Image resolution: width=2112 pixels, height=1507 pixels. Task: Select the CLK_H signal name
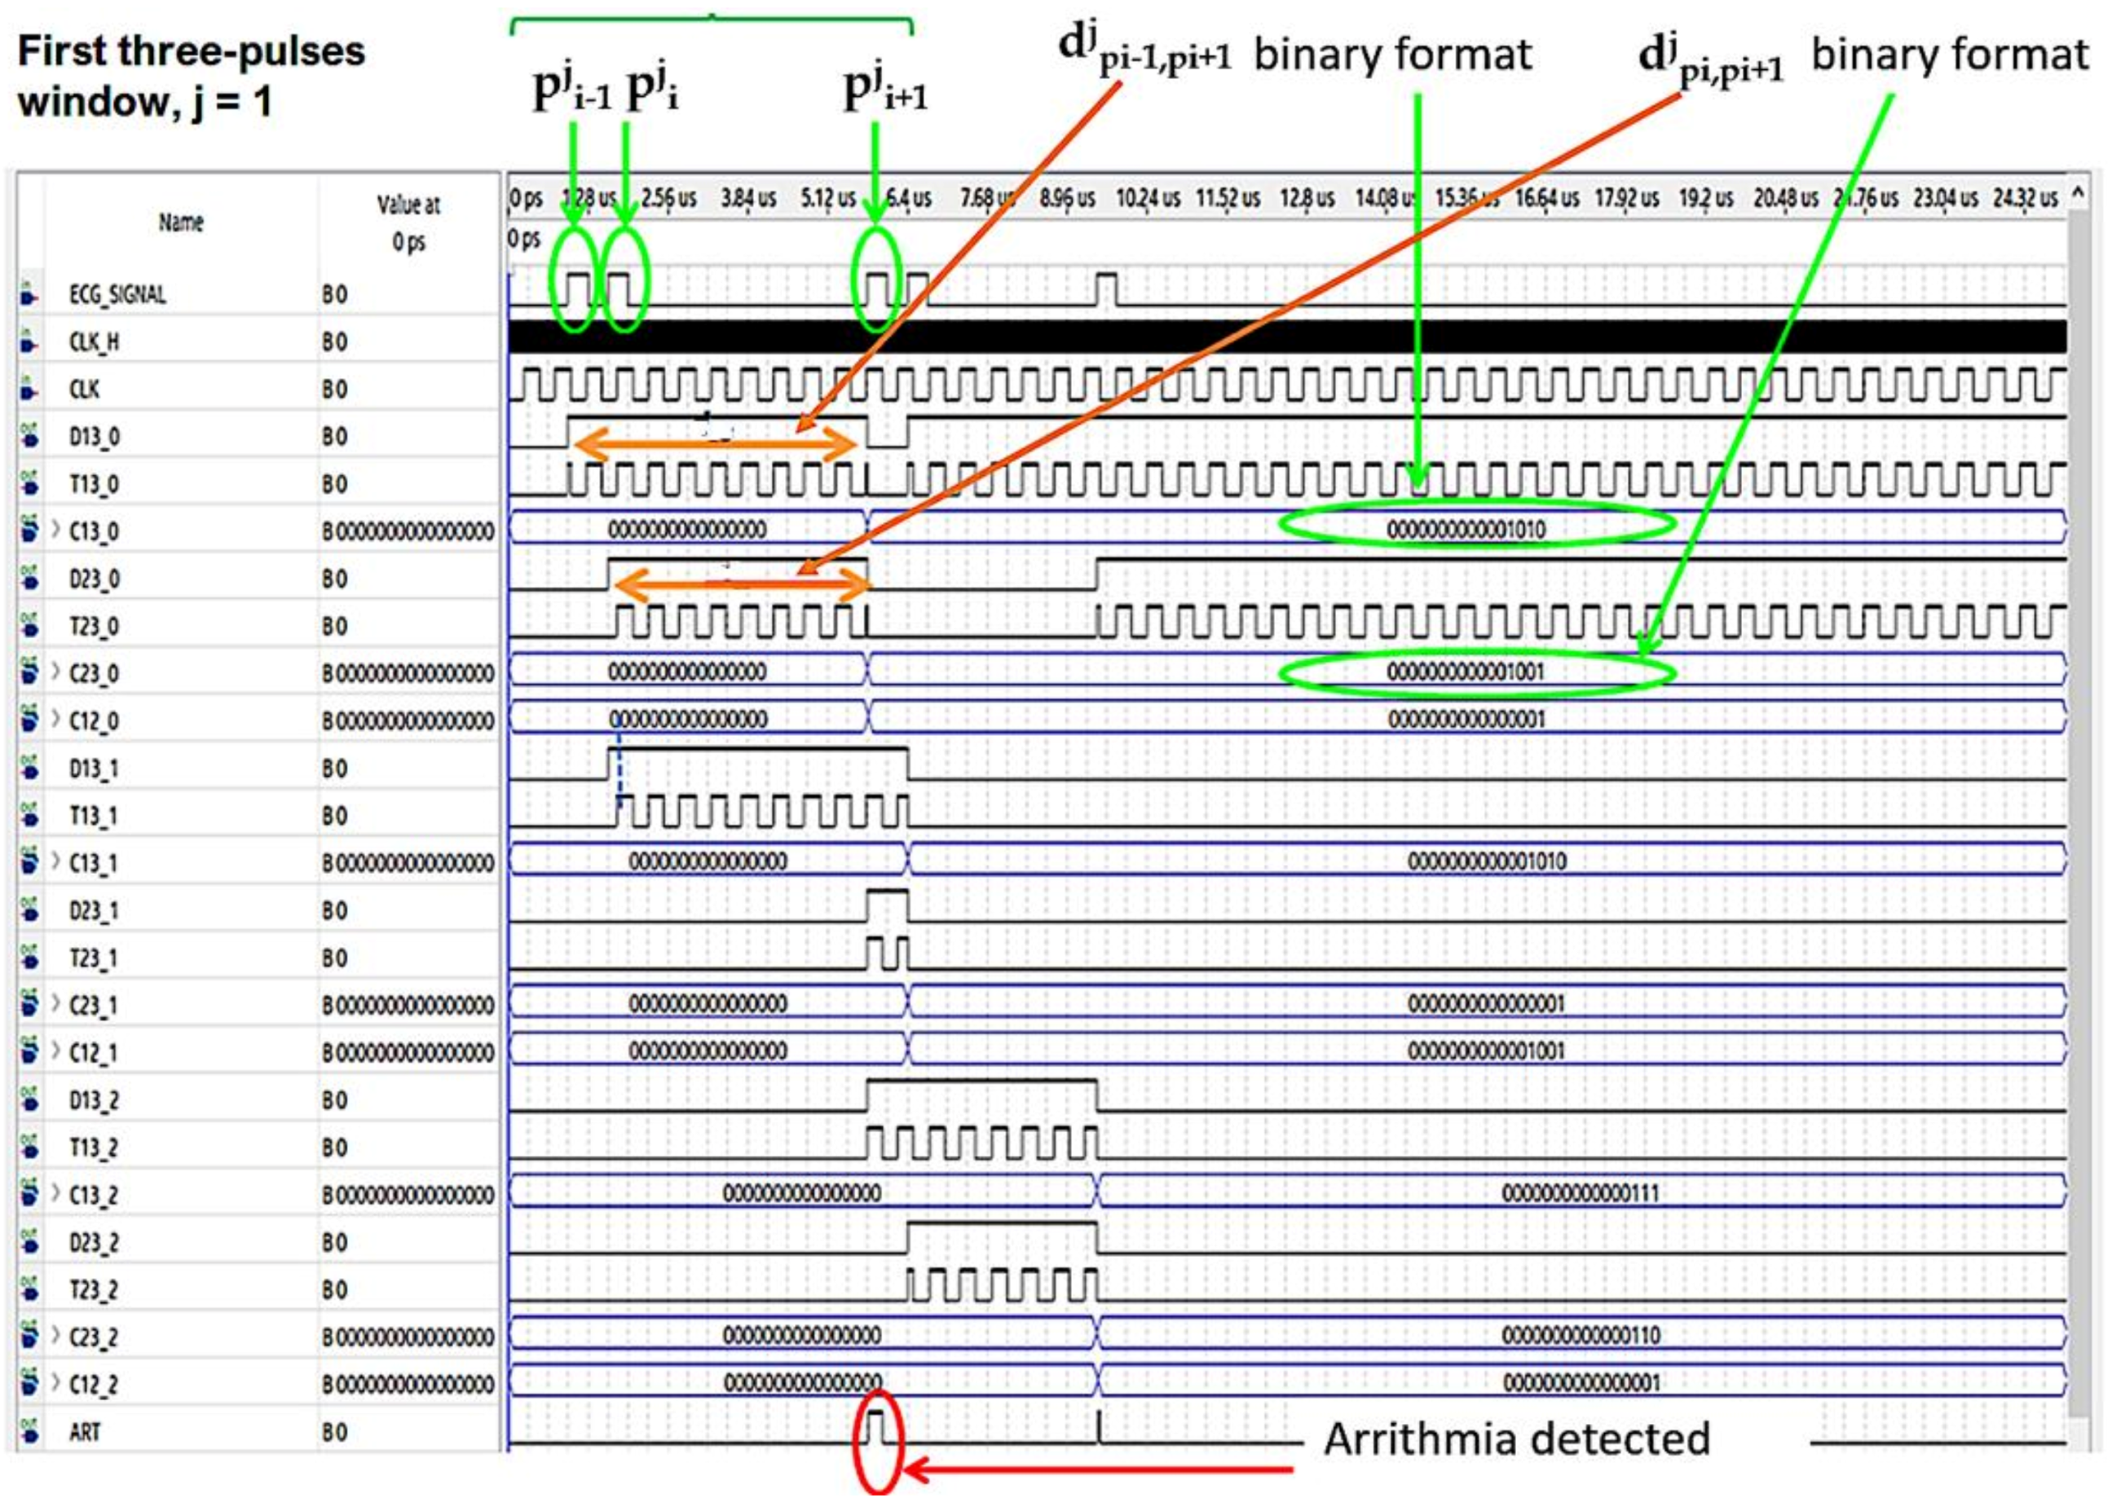[94, 342]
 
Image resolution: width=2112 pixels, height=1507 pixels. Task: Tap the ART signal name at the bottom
[85, 1432]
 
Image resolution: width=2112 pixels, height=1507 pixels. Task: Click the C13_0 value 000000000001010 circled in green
[1466, 530]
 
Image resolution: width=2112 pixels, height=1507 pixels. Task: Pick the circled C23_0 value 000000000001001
[1466, 671]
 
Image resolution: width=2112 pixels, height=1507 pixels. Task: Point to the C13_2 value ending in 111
[1581, 1192]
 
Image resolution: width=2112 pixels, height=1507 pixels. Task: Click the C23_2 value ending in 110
[1581, 1334]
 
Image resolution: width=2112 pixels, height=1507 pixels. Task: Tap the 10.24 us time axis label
[1148, 199]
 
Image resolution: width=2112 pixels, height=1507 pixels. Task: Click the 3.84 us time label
[748, 199]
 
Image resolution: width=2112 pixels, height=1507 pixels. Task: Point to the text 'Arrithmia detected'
[1516, 1439]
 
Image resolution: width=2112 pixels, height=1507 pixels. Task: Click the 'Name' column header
[181, 223]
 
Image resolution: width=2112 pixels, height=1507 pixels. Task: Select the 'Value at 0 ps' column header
[408, 223]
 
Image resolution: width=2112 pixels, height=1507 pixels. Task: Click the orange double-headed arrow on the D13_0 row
[716, 447]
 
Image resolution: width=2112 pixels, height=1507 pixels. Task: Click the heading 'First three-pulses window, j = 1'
[192, 76]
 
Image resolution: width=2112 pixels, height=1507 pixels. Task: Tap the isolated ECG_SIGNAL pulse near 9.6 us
[1106, 289]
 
